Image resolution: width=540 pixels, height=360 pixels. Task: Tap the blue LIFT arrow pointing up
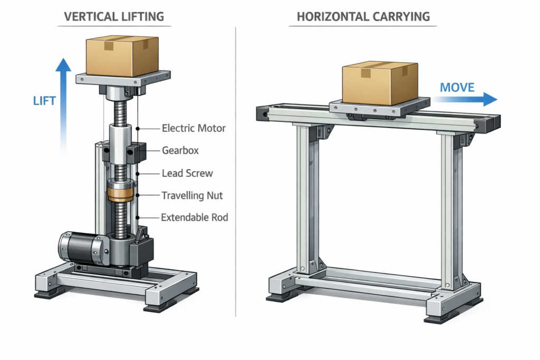[x=64, y=105]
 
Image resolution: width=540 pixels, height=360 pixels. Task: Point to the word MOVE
[x=457, y=87]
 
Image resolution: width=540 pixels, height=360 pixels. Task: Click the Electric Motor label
[x=194, y=128]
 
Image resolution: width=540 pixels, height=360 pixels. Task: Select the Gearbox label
[x=180, y=151]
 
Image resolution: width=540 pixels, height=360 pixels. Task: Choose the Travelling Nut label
[x=192, y=196]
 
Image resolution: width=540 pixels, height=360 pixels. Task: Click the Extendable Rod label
[x=194, y=217]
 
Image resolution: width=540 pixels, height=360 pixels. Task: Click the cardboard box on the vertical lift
[x=122, y=56]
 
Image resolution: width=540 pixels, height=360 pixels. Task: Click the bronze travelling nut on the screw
[x=121, y=192]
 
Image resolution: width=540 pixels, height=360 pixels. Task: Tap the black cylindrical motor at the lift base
[x=79, y=247]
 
